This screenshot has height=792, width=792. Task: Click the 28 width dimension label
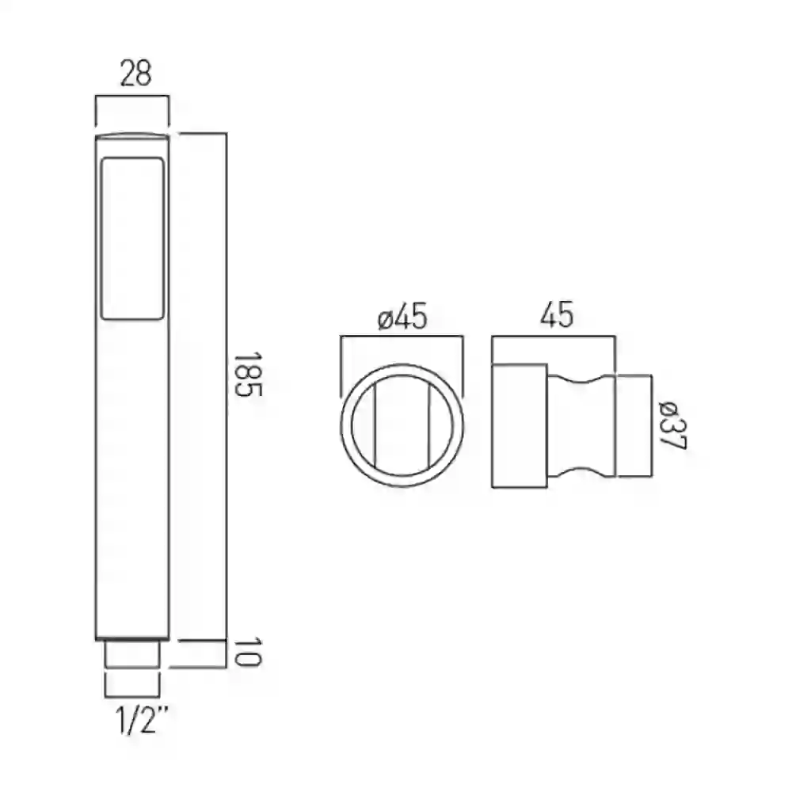pyautogui.click(x=136, y=73)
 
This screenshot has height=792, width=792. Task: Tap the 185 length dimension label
pyautogui.click(x=247, y=375)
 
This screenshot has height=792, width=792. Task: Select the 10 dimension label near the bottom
pyautogui.click(x=247, y=652)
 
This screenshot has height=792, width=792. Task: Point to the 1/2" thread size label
pyautogui.click(x=142, y=720)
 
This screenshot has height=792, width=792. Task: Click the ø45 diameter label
pyautogui.click(x=402, y=317)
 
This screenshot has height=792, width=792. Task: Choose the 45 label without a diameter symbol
pyautogui.click(x=557, y=314)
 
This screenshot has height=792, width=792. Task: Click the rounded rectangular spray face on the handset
pyautogui.click(x=133, y=238)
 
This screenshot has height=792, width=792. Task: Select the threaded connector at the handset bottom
pyautogui.click(x=132, y=654)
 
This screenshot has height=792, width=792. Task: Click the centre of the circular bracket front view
pyautogui.click(x=402, y=425)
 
